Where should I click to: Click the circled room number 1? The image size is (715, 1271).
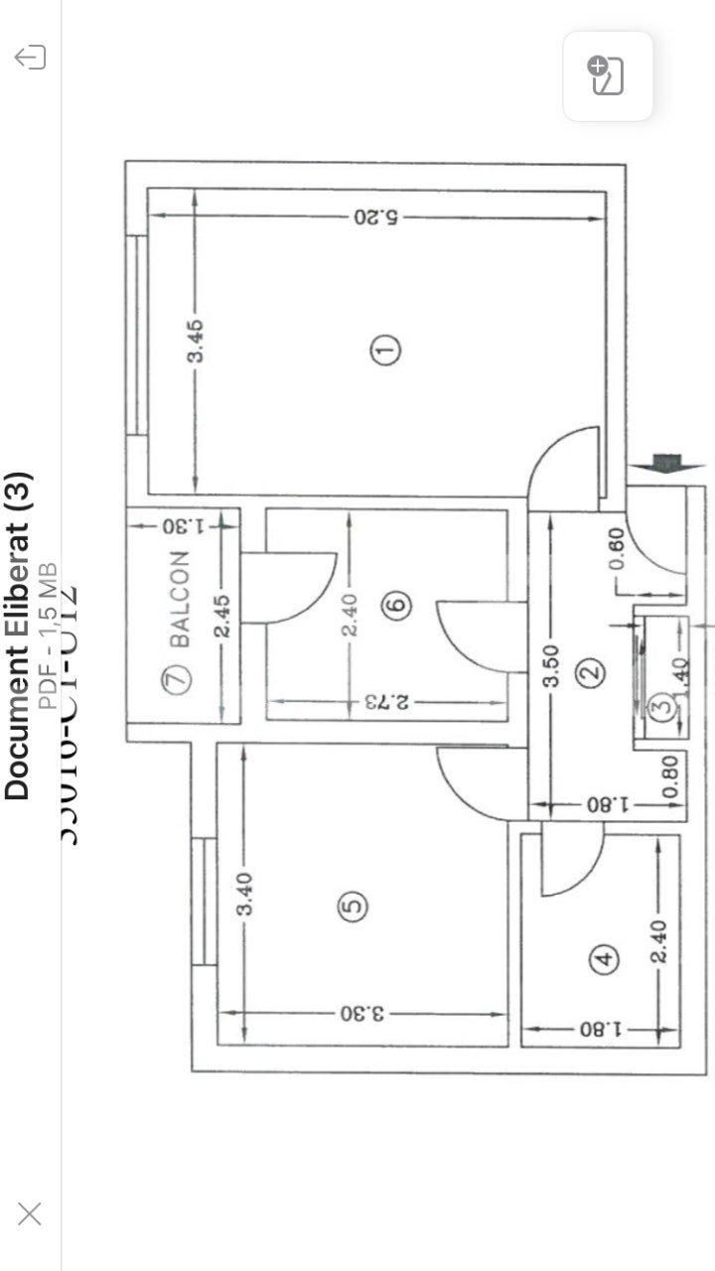click(385, 350)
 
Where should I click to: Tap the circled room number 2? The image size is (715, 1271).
click(592, 672)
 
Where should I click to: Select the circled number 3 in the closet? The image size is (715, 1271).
click(663, 706)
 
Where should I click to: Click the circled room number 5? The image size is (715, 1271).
click(354, 906)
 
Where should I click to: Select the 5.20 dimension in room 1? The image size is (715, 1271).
click(375, 215)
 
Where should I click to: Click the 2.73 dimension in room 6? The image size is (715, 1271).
click(387, 702)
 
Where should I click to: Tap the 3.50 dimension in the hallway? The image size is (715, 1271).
click(552, 665)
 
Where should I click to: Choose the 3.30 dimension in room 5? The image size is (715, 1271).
click(361, 1013)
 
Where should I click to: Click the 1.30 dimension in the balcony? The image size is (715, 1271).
click(181, 524)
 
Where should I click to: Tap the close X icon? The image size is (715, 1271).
click(30, 1212)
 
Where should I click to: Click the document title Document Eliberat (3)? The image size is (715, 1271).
click(18, 635)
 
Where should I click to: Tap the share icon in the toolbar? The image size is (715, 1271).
click(31, 58)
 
